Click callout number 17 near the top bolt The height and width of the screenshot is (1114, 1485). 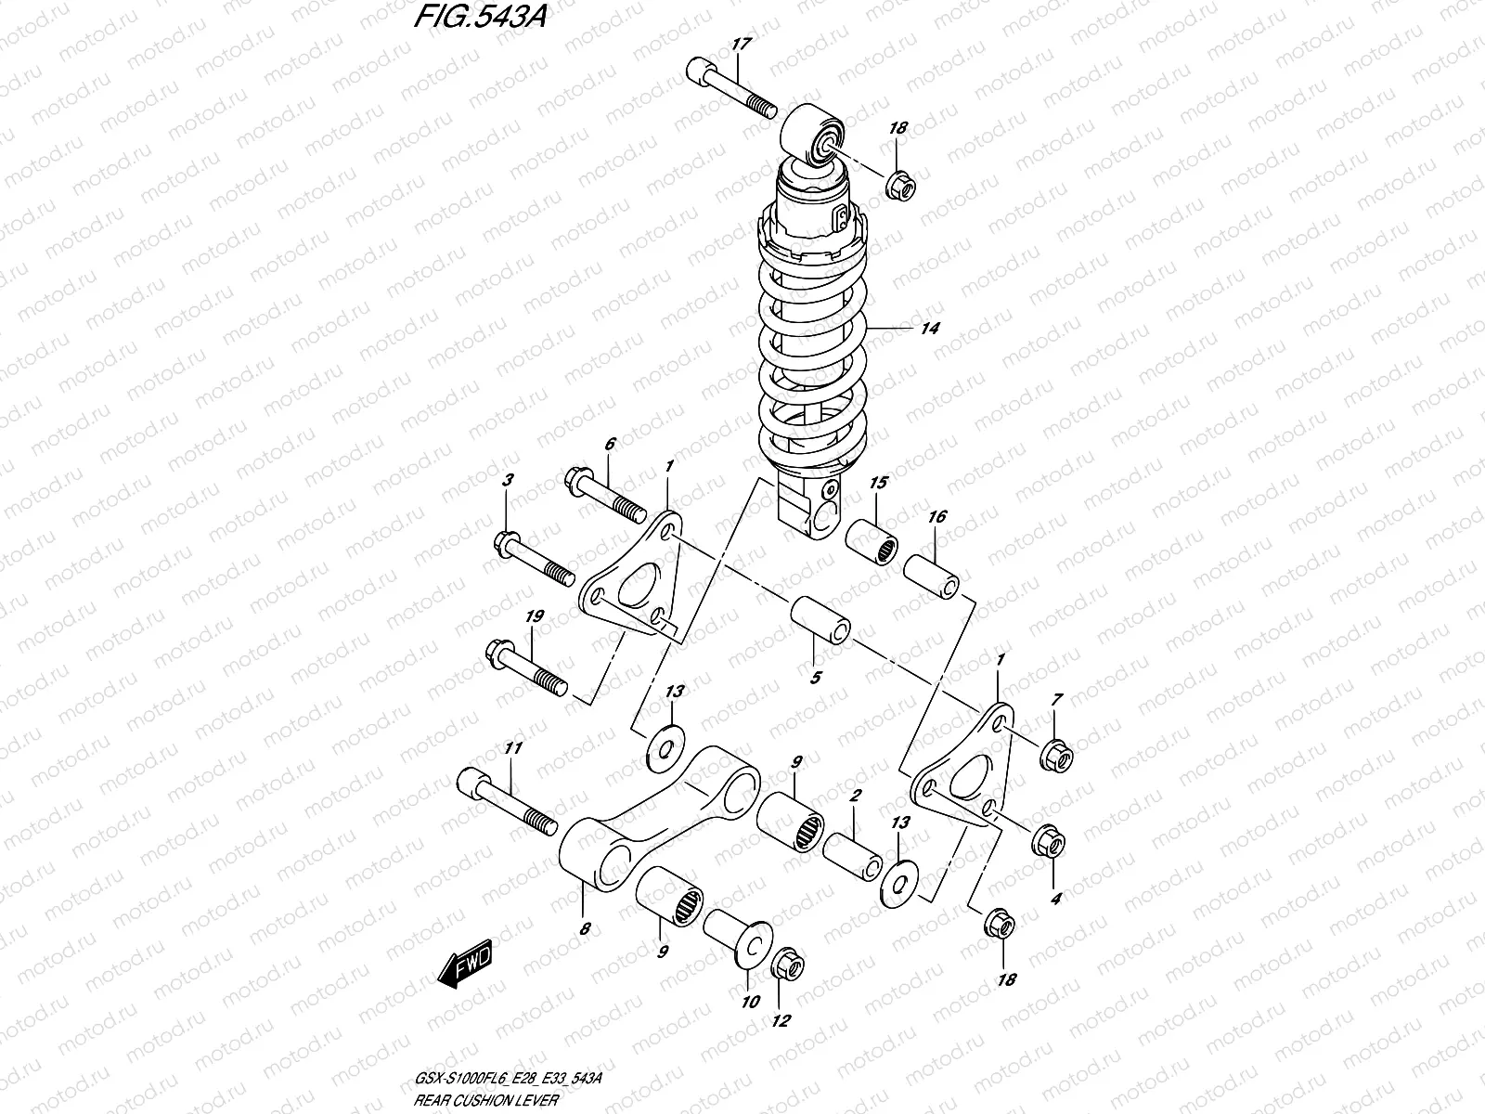[741, 44]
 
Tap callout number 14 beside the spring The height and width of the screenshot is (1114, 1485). [929, 329]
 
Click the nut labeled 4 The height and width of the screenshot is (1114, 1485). [1050, 841]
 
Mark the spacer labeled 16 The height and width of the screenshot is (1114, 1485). [932, 576]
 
